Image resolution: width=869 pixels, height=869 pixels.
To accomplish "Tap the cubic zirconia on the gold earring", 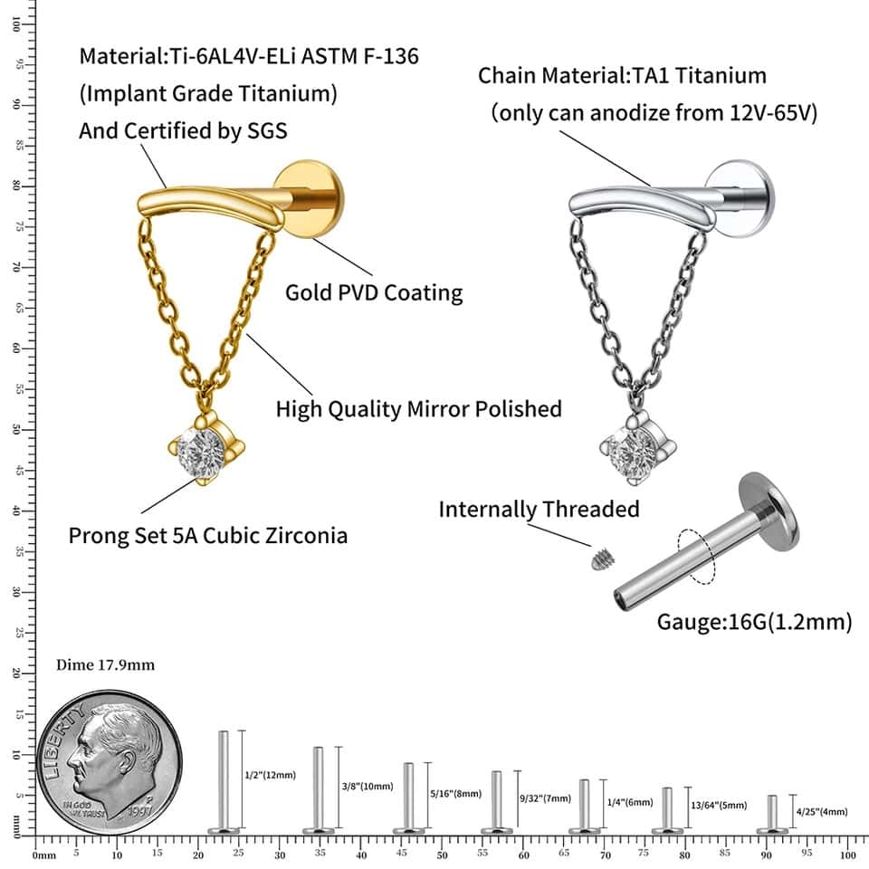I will click(x=206, y=446).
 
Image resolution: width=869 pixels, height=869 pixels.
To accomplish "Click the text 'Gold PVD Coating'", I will click(x=374, y=292).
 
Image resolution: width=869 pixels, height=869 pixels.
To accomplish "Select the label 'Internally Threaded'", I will click(x=539, y=509).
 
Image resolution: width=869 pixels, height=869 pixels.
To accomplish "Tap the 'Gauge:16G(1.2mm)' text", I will click(x=754, y=622).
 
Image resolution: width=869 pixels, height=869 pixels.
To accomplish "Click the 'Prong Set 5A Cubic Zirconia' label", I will click(x=208, y=535).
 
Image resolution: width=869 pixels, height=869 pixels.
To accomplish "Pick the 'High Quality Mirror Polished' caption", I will click(x=418, y=408).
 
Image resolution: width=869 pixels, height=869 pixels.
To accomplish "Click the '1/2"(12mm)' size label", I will click(x=271, y=776).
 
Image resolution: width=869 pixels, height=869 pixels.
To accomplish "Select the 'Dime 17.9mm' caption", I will click(x=105, y=665).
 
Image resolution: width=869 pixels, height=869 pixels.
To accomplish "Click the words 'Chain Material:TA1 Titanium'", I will click(x=623, y=75).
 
